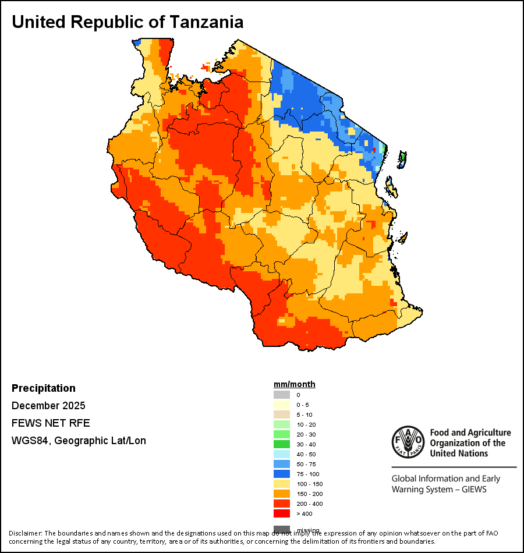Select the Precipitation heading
(44, 388)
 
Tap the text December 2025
(48, 406)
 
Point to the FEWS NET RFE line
(51, 423)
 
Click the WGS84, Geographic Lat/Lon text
(79, 441)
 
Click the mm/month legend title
(295, 385)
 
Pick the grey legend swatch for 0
(282, 395)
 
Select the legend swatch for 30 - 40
(282, 444)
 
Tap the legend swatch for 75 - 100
(282, 474)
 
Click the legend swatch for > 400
(282, 513)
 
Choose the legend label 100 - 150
(309, 484)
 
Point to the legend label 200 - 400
(309, 504)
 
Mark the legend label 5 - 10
(305, 414)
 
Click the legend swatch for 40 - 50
(282, 454)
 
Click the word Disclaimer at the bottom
(24, 533)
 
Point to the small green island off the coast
(403, 157)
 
